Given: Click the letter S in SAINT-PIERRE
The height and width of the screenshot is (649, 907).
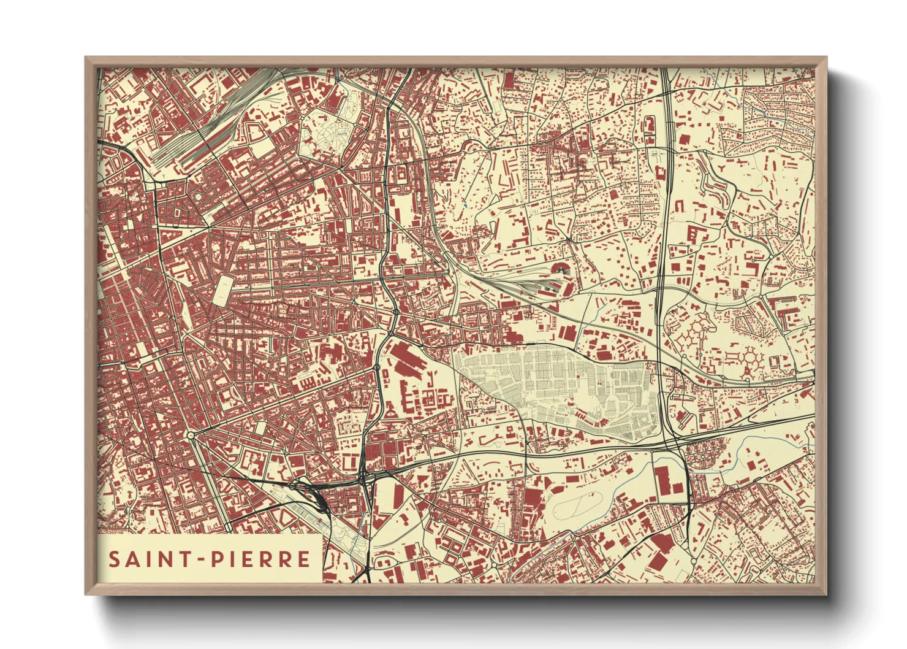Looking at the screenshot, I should [x=114, y=559].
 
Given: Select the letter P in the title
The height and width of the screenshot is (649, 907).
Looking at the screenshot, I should [x=218, y=559].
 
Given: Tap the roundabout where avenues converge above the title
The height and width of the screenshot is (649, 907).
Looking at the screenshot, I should [x=191, y=435].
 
